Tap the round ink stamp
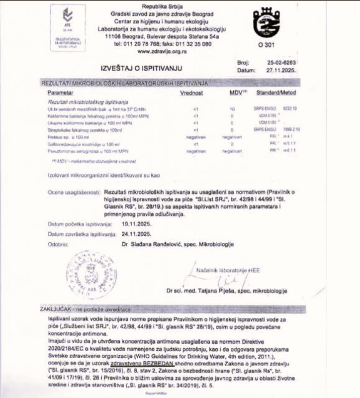(91, 275)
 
